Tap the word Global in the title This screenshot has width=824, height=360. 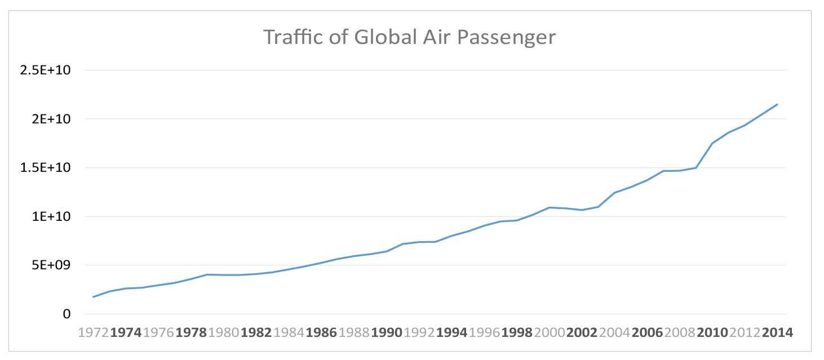click(376, 38)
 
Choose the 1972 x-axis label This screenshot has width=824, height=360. click(94, 332)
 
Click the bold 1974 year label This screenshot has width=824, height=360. click(126, 332)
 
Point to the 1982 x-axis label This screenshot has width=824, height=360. click(256, 332)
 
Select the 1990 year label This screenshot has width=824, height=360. click(386, 332)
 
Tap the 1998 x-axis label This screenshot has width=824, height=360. click(516, 332)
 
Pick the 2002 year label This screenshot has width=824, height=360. click(582, 332)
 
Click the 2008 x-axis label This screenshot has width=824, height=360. click(680, 332)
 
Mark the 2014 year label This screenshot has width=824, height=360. click(777, 332)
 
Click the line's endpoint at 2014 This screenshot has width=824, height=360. click(777, 104)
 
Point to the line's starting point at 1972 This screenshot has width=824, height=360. click(94, 297)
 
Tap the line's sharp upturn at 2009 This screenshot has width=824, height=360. click(697, 167)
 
